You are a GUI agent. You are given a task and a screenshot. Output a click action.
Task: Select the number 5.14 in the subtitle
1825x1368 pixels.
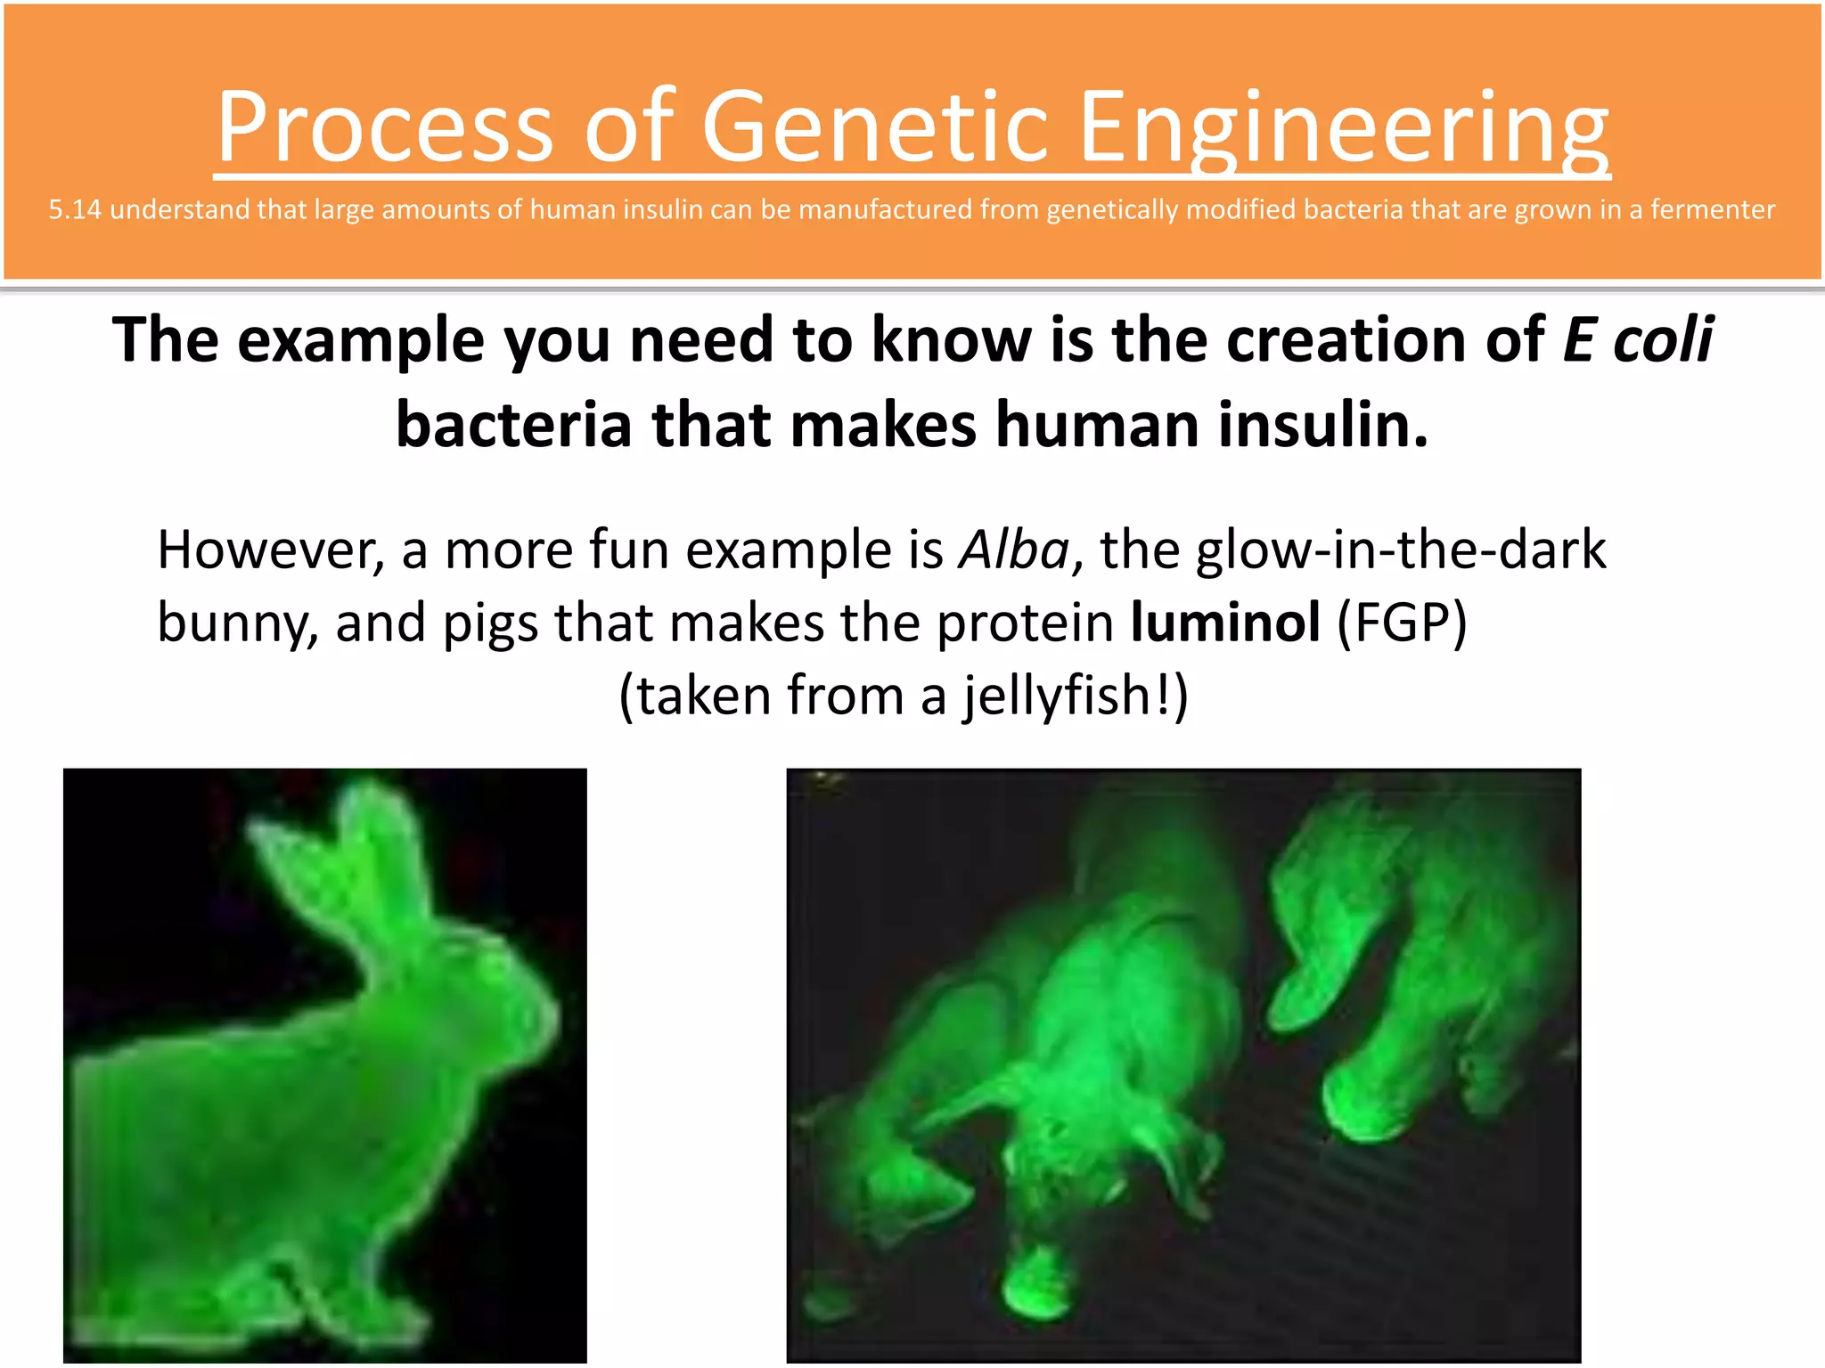pyautogui.click(x=74, y=210)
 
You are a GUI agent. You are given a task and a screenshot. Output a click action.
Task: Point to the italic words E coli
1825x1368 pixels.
pyautogui.click(x=1637, y=340)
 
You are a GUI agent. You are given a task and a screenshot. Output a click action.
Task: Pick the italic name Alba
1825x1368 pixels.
pyautogui.click(x=1013, y=550)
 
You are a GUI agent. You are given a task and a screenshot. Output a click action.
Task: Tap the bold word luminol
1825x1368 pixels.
pyautogui.click(x=1224, y=623)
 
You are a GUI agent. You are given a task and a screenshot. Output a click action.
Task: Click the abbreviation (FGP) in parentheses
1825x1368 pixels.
pyautogui.click(x=1402, y=623)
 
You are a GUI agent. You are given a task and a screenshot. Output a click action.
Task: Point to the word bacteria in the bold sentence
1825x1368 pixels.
pyautogui.click(x=514, y=426)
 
